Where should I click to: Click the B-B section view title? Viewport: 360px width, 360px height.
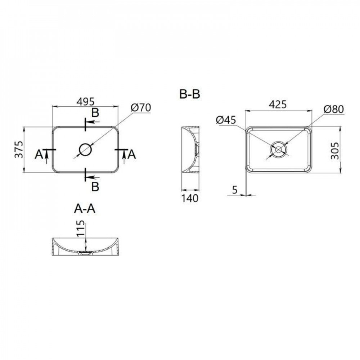pyautogui.click(x=190, y=95)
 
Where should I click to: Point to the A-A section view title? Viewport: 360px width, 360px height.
pyautogui.click(x=85, y=208)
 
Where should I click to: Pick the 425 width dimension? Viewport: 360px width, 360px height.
pyautogui.click(x=278, y=104)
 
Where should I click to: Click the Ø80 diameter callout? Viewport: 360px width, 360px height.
pyautogui.click(x=334, y=109)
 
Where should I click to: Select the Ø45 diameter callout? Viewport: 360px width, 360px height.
pyautogui.click(x=226, y=120)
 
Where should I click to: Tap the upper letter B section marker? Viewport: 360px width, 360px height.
pyautogui.click(x=95, y=113)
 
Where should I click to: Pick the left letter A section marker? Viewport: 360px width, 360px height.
pyautogui.click(x=39, y=154)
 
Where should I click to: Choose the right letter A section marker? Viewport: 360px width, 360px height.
pyautogui.click(x=132, y=154)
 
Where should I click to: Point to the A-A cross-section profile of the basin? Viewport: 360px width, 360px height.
pyautogui.click(x=85, y=247)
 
